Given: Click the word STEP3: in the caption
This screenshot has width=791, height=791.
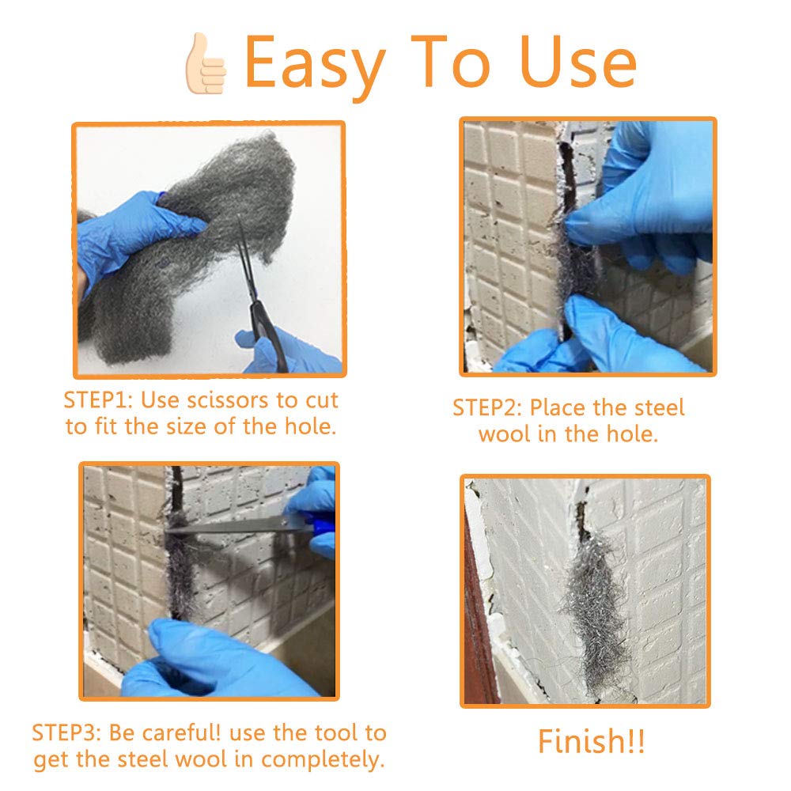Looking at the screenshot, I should point(70,732).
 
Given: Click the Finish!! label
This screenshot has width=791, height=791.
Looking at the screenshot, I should point(592,742).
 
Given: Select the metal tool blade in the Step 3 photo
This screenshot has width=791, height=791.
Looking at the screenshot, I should point(229,524).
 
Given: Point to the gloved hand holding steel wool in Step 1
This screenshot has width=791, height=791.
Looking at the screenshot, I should point(134,229).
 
